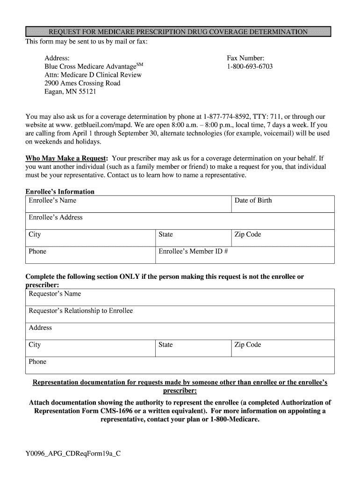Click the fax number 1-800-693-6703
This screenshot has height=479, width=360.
coord(250,66)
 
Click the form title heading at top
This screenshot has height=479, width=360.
coord(178,32)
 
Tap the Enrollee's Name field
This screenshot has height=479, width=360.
coord(128,204)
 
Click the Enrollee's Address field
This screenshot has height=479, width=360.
coord(180,221)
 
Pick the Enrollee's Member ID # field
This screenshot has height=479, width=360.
coord(245,255)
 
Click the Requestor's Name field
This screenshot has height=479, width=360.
coord(180,298)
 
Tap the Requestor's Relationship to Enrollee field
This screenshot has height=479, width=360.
coord(180,314)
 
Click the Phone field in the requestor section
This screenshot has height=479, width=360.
coord(180,365)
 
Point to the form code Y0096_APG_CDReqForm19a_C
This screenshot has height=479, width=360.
coord(73,453)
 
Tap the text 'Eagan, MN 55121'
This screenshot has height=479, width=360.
coord(70,92)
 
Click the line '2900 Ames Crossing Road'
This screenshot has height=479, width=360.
coord(82,83)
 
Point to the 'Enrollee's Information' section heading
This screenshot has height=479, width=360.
coord(60,192)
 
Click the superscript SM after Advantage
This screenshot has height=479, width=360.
coord(139,64)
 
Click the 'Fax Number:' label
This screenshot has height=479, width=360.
coord(245,58)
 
